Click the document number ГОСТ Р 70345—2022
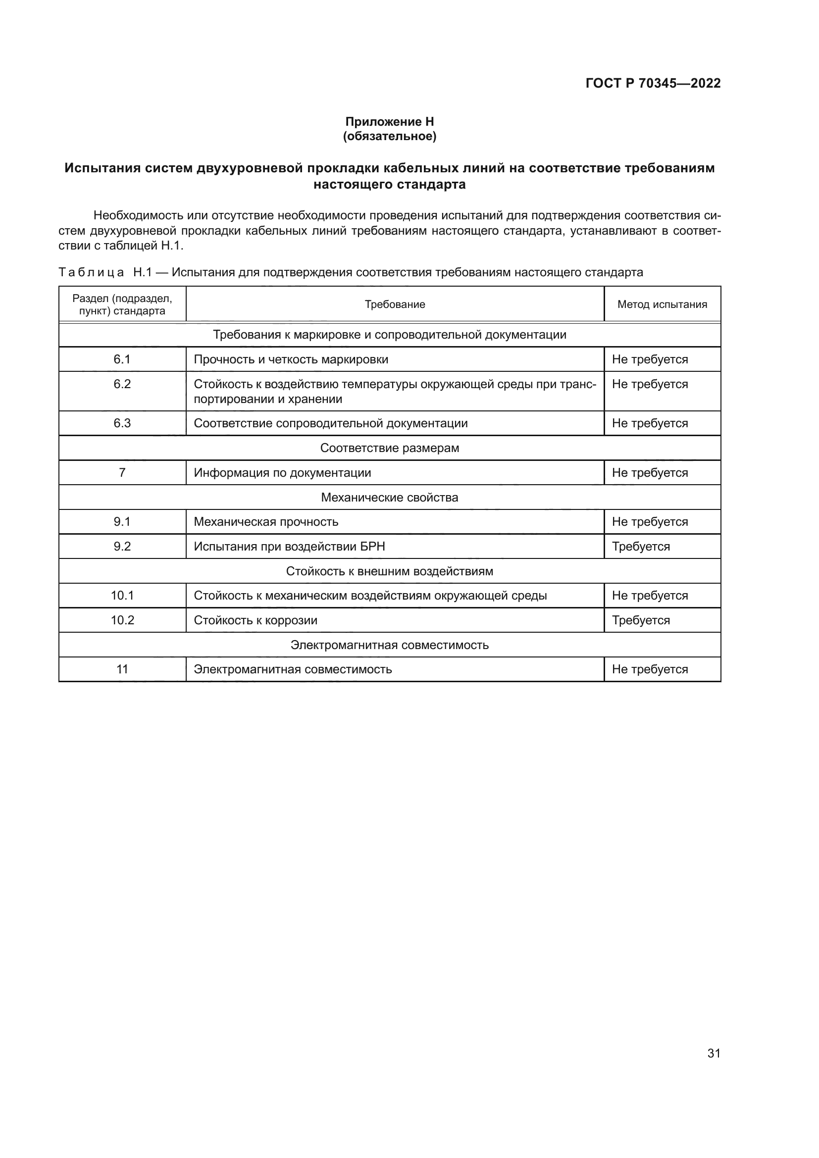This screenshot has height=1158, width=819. point(653,84)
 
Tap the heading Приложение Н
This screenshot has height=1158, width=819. point(389,122)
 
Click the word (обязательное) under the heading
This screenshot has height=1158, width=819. point(389,136)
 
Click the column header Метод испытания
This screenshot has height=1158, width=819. point(662,304)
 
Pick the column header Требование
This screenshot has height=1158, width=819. point(394,304)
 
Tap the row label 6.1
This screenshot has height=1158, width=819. point(122,359)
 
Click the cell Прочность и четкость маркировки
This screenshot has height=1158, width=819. point(291,359)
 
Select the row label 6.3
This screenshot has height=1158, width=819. point(122,423)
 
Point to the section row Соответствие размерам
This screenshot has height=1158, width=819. point(389,448)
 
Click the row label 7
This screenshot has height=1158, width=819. point(122,473)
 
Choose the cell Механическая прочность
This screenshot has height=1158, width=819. point(266,521)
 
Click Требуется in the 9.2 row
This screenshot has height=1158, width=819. point(640,547)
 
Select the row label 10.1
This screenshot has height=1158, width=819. point(122,596)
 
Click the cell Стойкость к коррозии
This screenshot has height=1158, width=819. point(255,620)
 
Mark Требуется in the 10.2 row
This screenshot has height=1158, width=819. point(640,620)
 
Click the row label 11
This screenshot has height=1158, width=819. point(122,669)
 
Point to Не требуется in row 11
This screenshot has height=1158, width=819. point(650,669)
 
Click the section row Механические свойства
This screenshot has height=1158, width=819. point(389,497)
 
